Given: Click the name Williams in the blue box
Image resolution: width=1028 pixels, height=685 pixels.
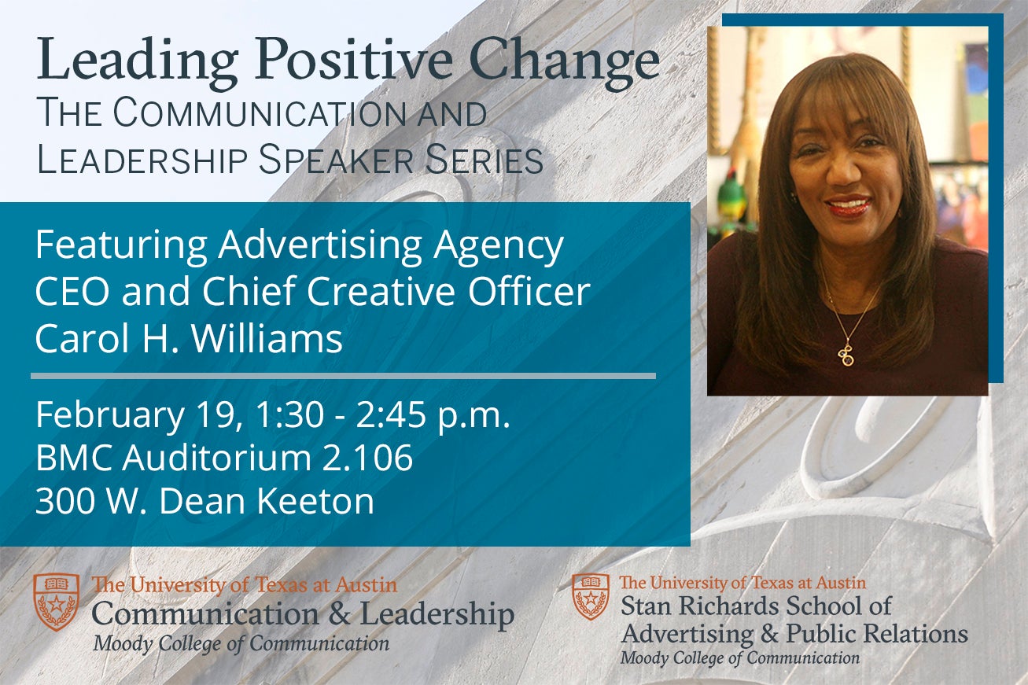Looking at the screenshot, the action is [x=267, y=339].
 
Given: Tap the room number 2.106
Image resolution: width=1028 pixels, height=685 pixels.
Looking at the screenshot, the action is [x=367, y=458].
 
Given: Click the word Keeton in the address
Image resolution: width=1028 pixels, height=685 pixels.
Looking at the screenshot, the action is [x=315, y=500].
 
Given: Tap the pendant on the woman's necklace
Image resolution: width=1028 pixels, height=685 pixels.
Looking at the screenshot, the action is [x=845, y=355].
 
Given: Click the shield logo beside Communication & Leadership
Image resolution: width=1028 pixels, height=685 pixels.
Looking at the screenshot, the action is [x=57, y=602].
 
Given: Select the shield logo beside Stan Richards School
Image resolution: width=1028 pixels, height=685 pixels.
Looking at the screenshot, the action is [x=591, y=597].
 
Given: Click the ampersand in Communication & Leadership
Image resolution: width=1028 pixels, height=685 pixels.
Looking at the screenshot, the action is [x=340, y=613].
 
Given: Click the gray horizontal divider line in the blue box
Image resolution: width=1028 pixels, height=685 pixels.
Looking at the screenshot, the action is [x=343, y=376].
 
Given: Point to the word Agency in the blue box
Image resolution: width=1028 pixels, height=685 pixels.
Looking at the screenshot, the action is [x=499, y=247].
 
